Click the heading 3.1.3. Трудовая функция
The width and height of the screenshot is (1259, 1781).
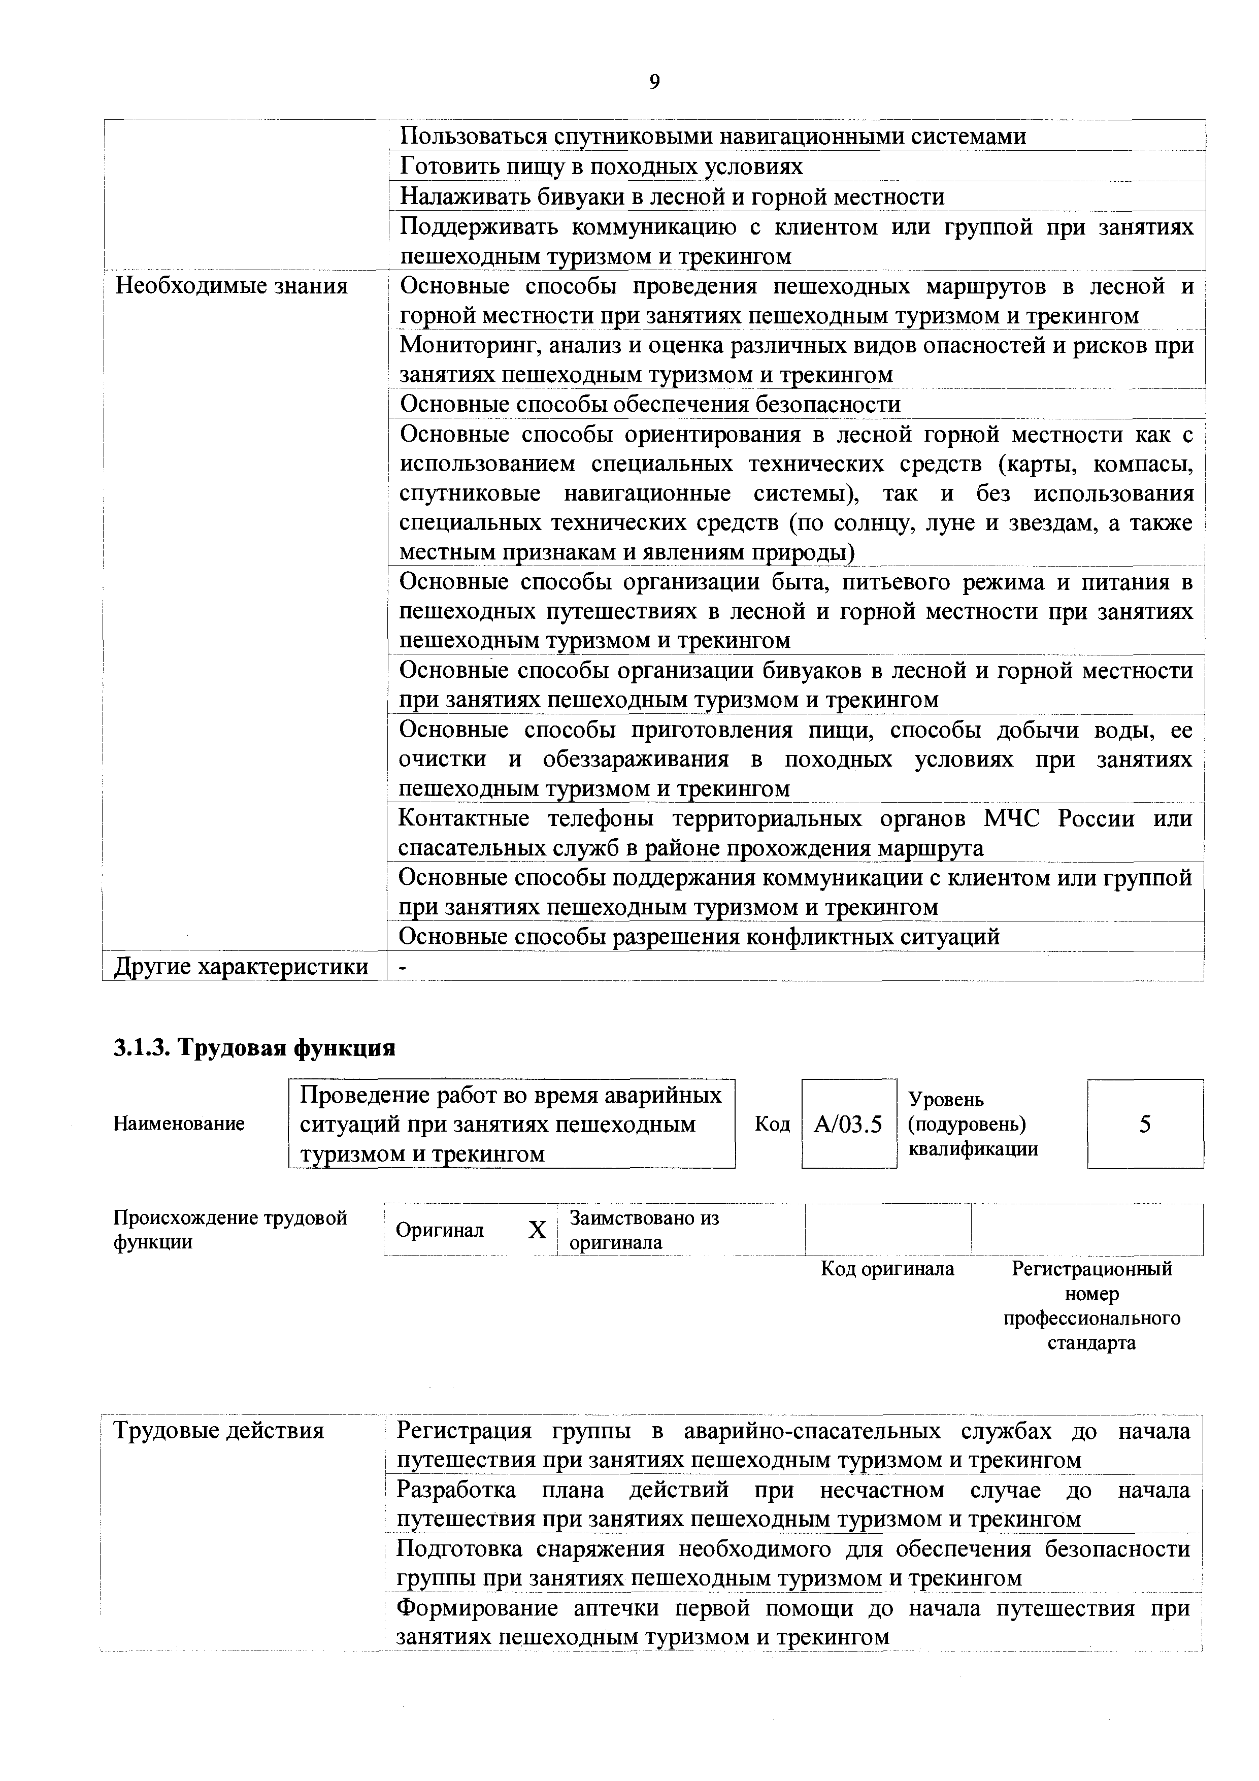(x=254, y=1048)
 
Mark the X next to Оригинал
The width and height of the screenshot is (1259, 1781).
(x=537, y=1230)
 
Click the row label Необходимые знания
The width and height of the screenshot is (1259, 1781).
(x=231, y=286)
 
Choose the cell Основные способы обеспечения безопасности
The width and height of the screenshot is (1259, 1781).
(x=650, y=404)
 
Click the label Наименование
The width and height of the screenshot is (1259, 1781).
(x=179, y=1123)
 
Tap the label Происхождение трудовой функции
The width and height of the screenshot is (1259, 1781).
(x=229, y=1230)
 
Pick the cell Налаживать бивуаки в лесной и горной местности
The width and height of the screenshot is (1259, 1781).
(x=672, y=196)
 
